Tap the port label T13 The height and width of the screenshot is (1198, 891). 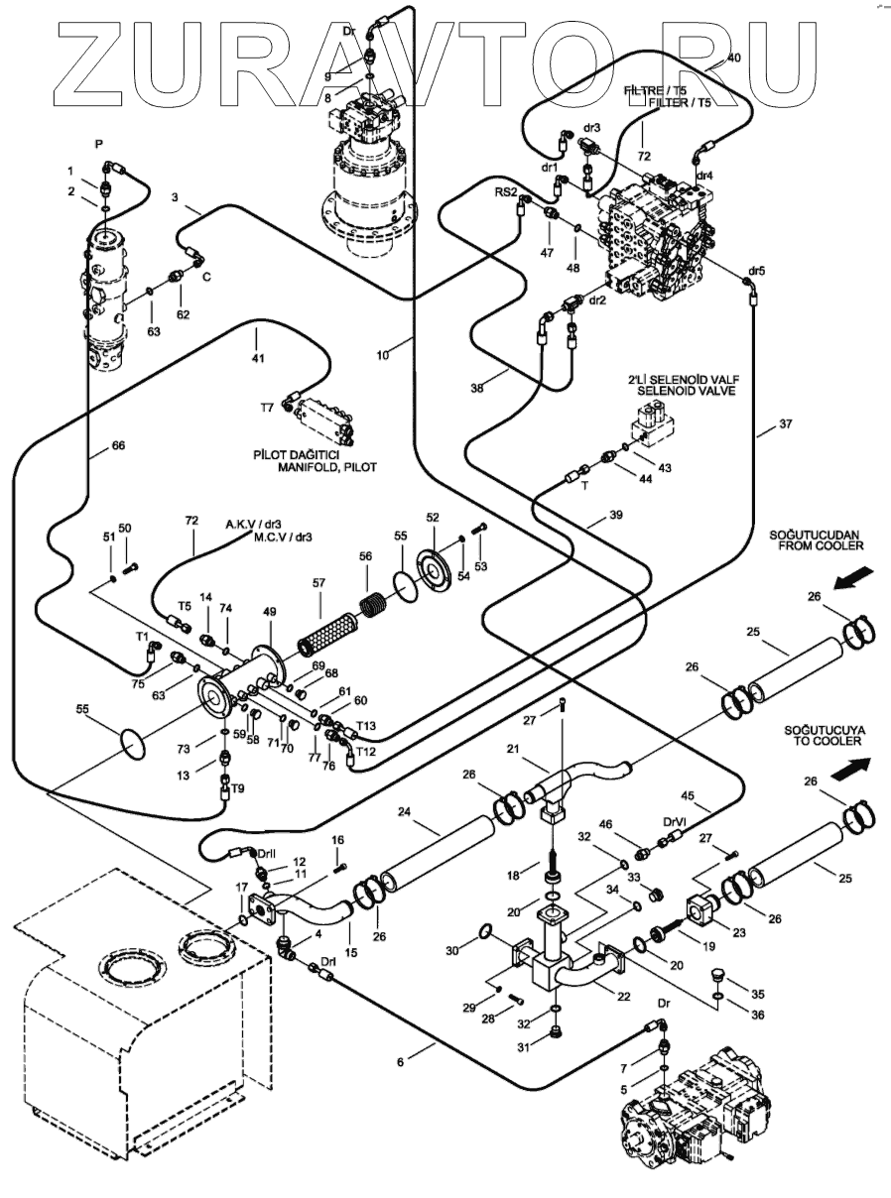click(x=365, y=725)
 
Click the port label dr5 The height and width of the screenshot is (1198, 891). click(x=757, y=270)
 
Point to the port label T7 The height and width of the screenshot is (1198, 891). click(x=266, y=408)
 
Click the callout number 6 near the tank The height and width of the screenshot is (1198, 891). click(x=400, y=1062)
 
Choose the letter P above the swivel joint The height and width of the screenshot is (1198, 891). click(x=99, y=144)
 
